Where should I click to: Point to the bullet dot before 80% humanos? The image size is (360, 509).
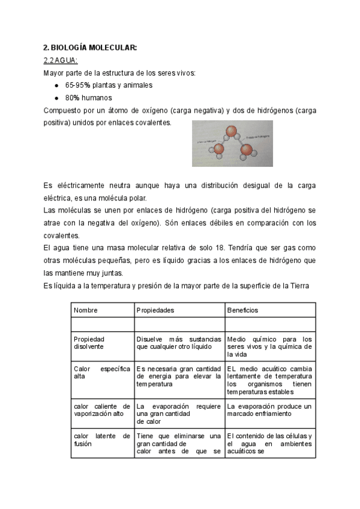coord(56,98)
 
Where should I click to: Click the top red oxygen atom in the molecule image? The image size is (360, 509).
coord(230,131)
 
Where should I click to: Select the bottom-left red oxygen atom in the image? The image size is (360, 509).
coord(220,148)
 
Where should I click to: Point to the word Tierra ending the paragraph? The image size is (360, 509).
coord(298,286)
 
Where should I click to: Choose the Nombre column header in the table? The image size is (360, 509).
coord(86,310)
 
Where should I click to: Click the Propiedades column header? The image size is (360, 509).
coord(155,310)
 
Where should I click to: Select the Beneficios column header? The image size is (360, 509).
coord(242,310)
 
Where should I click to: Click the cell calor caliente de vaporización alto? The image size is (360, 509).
coord(101,411)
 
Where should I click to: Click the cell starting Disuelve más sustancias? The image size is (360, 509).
coord(179,343)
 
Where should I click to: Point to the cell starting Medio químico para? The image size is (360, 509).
coord(269,343)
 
